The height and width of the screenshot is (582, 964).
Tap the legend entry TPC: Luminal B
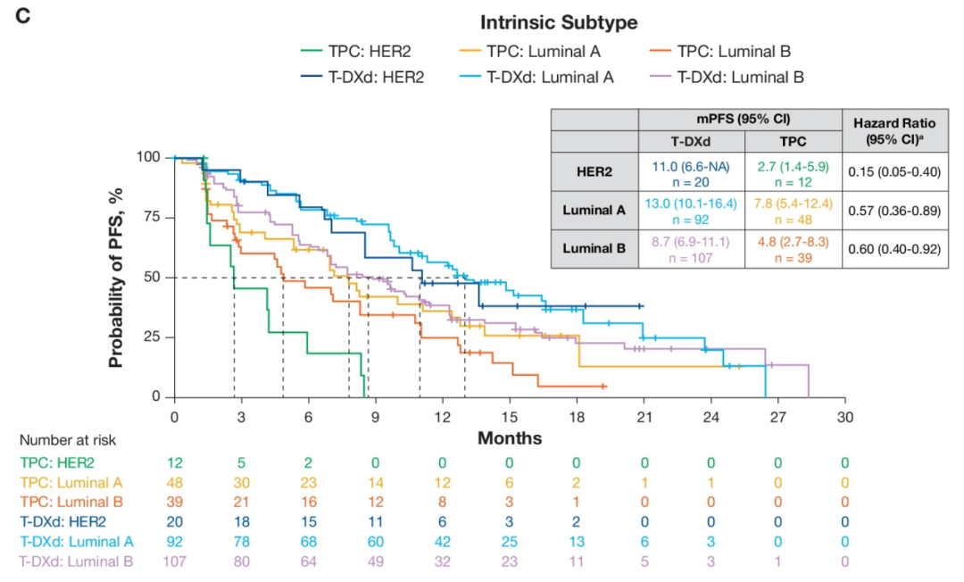coord(733,51)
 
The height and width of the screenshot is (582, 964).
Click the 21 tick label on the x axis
coord(644,417)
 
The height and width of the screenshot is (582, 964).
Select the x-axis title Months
coord(510,438)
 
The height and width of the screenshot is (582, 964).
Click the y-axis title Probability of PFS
coord(116,277)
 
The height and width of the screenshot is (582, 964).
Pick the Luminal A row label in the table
coord(594,211)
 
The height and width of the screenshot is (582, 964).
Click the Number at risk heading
coord(68,440)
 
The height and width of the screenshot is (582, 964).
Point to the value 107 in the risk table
coord(174,561)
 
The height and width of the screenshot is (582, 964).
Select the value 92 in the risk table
coord(174,540)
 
